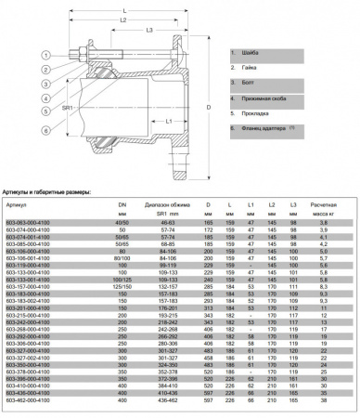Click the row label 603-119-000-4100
[27, 266]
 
